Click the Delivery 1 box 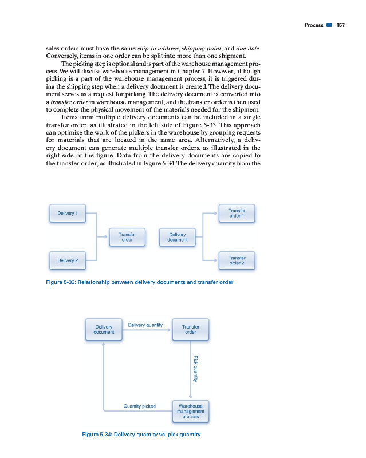(x=68, y=214)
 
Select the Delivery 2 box (x=68, y=260)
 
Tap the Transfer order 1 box (x=237, y=214)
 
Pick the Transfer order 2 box (x=237, y=260)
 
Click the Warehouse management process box (x=191, y=412)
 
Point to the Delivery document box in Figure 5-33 (x=178, y=237)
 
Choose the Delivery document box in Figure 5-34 (x=104, y=329)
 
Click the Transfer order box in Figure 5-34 (x=191, y=329)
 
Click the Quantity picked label (x=139, y=406)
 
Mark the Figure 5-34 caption (x=141, y=435)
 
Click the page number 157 (x=340, y=25)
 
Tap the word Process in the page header (x=314, y=25)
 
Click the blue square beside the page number (x=329, y=25)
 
